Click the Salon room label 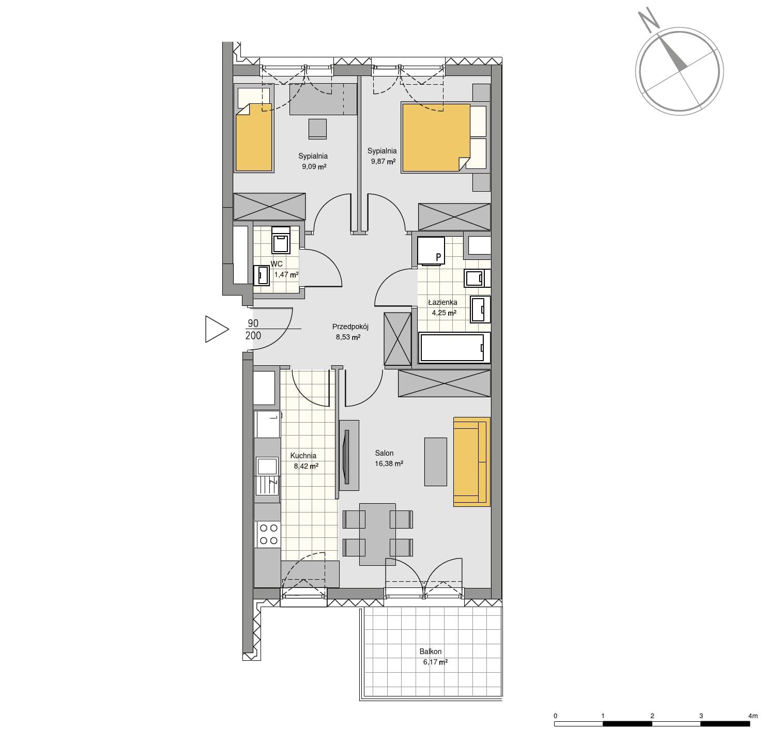(x=384, y=453)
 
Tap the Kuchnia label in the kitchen (x=303, y=456)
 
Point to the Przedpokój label (x=350, y=327)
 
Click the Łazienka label (x=442, y=302)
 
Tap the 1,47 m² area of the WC (x=286, y=274)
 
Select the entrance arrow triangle (x=217, y=329)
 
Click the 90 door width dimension (x=253, y=323)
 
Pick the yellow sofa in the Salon (x=472, y=461)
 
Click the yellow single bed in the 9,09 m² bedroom (x=254, y=137)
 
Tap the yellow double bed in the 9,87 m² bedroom (x=436, y=137)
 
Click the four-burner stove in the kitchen (x=268, y=534)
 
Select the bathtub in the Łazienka (x=454, y=347)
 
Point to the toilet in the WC (x=281, y=240)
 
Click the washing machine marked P (x=431, y=251)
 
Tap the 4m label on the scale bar (x=753, y=716)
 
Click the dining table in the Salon (x=377, y=534)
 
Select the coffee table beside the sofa (x=435, y=461)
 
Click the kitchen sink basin (x=267, y=467)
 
